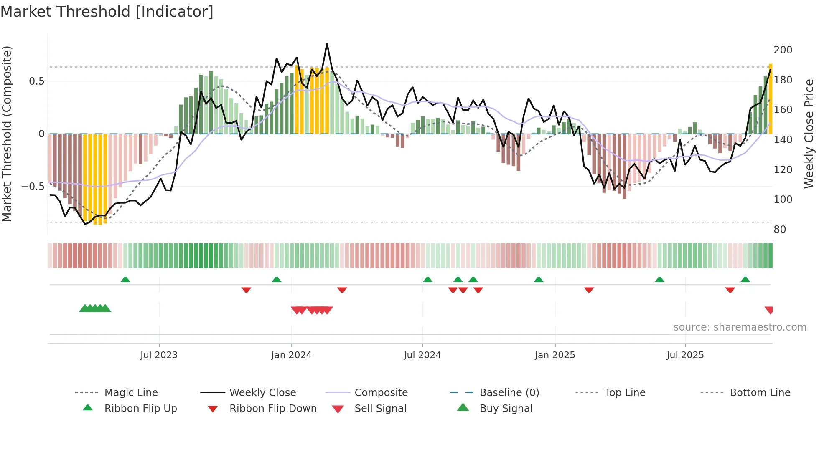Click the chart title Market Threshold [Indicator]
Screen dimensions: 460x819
(107, 12)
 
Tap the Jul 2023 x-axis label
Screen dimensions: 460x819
(159, 355)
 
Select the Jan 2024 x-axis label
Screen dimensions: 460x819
(291, 355)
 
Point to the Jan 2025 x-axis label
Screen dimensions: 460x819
(555, 355)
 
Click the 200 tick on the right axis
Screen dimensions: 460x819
(783, 50)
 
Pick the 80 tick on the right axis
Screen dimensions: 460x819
(780, 230)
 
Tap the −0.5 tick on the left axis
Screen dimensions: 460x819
(33, 187)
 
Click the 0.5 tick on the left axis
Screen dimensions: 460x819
(36, 81)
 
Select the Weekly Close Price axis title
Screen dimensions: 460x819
(809, 134)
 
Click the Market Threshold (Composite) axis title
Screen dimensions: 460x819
(7, 134)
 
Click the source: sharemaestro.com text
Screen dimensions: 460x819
(740, 327)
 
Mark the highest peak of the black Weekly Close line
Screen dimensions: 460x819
(327, 44)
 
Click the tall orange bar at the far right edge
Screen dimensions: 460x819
(771, 99)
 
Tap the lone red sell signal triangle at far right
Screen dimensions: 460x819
(769, 310)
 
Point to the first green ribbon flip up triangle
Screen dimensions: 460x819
(125, 279)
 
